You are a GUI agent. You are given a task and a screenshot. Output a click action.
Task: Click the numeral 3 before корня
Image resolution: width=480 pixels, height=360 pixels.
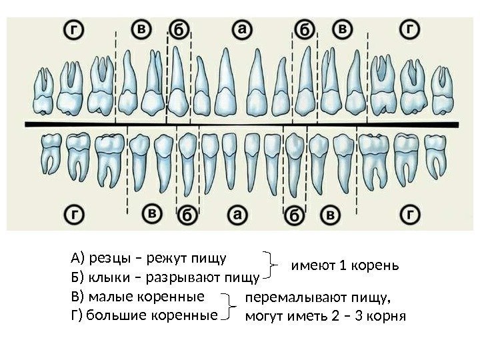[361, 315]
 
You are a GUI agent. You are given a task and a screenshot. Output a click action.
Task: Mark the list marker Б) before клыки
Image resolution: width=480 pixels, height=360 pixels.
[77, 277]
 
